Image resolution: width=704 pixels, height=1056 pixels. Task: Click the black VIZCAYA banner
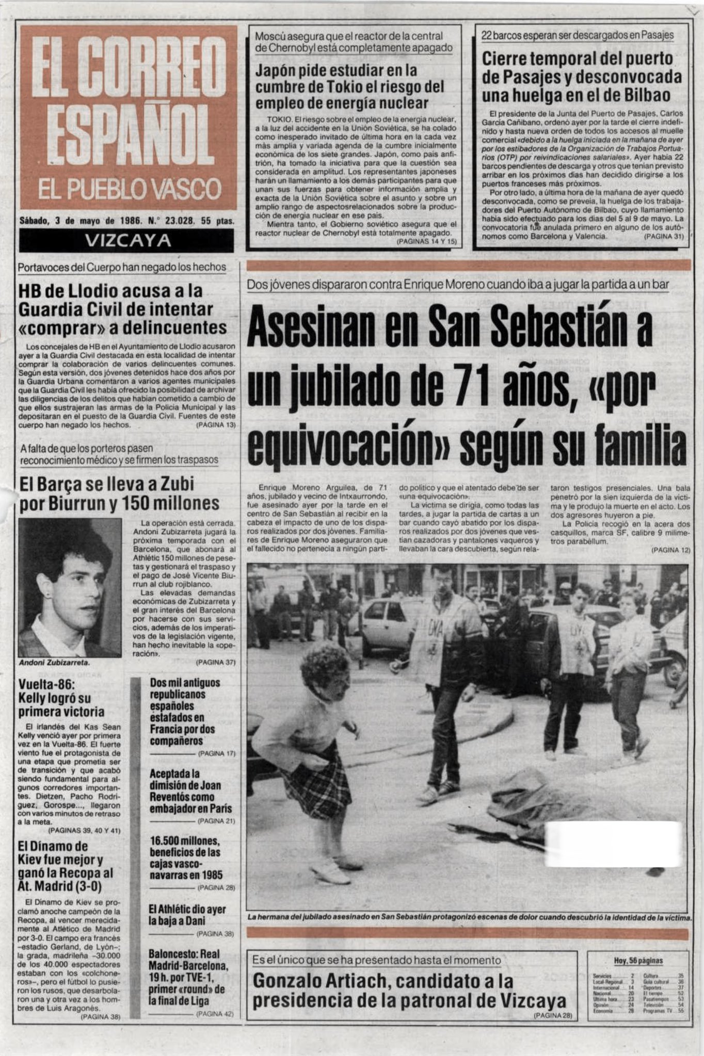(x=126, y=240)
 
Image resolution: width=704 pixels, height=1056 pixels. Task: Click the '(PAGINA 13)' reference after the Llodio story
(x=216, y=425)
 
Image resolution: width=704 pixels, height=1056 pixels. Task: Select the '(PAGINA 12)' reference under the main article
(x=670, y=550)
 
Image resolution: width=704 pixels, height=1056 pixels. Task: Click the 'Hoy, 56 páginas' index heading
(x=638, y=961)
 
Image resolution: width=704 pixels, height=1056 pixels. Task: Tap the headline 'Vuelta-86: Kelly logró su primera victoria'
(x=61, y=698)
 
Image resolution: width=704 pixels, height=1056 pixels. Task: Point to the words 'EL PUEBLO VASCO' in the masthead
(x=130, y=189)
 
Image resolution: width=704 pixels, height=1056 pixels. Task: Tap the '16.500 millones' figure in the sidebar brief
(x=185, y=840)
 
